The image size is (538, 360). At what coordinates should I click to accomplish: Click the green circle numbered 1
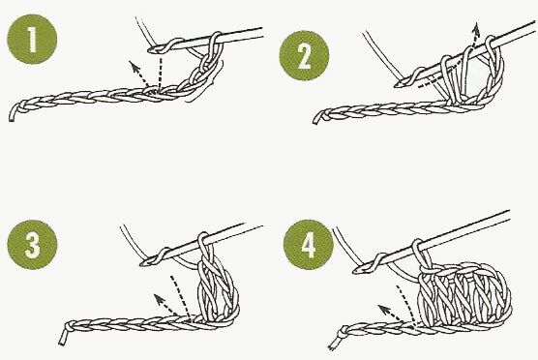pyautogui.click(x=32, y=39)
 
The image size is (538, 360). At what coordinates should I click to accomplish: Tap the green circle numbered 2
pyautogui.click(x=304, y=55)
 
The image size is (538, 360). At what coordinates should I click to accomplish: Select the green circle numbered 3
pyautogui.click(x=32, y=245)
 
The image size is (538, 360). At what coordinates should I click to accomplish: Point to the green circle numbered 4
pyautogui.click(x=309, y=245)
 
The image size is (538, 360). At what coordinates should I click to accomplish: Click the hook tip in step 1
pyautogui.click(x=150, y=50)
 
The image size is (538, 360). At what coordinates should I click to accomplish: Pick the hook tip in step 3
pyautogui.click(x=141, y=263)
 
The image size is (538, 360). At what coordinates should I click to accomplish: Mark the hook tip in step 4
pyautogui.click(x=355, y=271)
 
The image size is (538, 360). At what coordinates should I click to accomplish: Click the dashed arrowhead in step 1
pyautogui.click(x=133, y=66)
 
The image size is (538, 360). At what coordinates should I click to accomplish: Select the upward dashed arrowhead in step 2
pyautogui.click(x=475, y=28)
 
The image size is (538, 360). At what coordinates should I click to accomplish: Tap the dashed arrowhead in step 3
pyautogui.click(x=159, y=299)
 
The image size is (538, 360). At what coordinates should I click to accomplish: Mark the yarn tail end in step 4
pyautogui.click(x=332, y=347)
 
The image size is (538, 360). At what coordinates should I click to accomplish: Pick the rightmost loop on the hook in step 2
pyautogui.click(x=492, y=42)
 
